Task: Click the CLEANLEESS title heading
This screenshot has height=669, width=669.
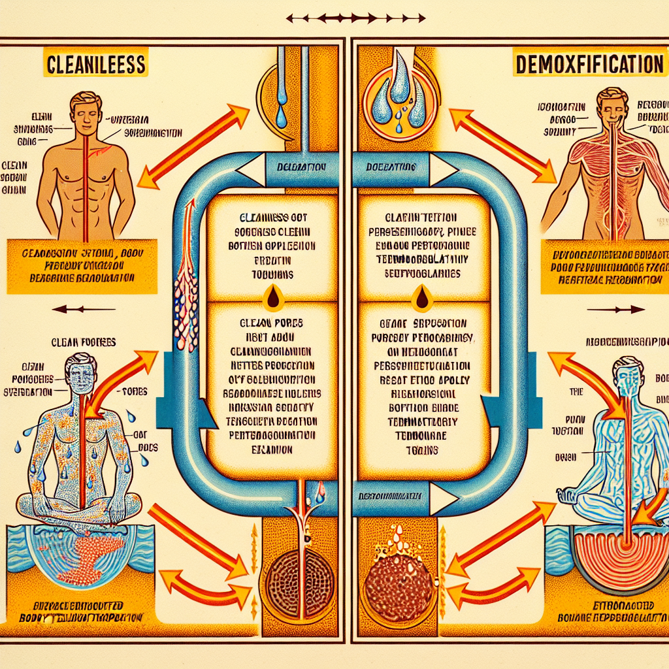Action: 95,66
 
